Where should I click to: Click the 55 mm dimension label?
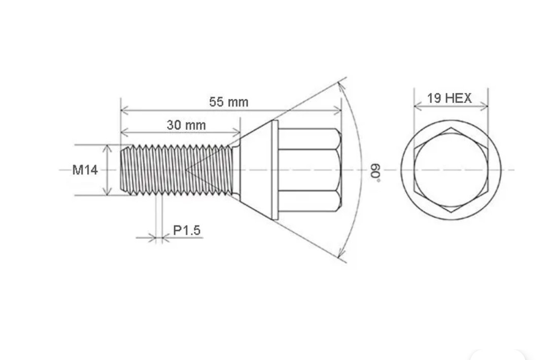coord(228,102)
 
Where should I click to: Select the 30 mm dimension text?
coord(186,125)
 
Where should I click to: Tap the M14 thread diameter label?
coord(85,170)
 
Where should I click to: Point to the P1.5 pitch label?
coord(187,231)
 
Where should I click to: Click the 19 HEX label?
coord(449,98)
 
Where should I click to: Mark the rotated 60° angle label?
coord(375,172)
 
